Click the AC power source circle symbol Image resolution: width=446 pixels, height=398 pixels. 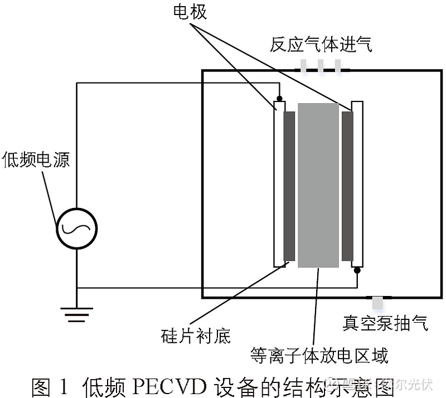point(76,228)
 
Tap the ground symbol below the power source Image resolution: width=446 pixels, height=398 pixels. point(76,314)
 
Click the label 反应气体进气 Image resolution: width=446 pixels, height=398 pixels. point(321,45)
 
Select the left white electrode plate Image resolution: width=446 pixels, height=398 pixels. point(279,184)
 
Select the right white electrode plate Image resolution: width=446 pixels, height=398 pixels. point(357,184)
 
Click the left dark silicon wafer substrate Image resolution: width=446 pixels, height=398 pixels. point(289,186)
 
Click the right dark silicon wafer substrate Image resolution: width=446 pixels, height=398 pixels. point(347,186)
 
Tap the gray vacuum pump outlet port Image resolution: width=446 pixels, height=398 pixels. point(377,303)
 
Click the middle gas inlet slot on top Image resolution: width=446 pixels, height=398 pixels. point(321,66)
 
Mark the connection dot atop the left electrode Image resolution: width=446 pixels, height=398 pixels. point(279,98)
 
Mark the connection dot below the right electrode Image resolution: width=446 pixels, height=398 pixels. point(357,270)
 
